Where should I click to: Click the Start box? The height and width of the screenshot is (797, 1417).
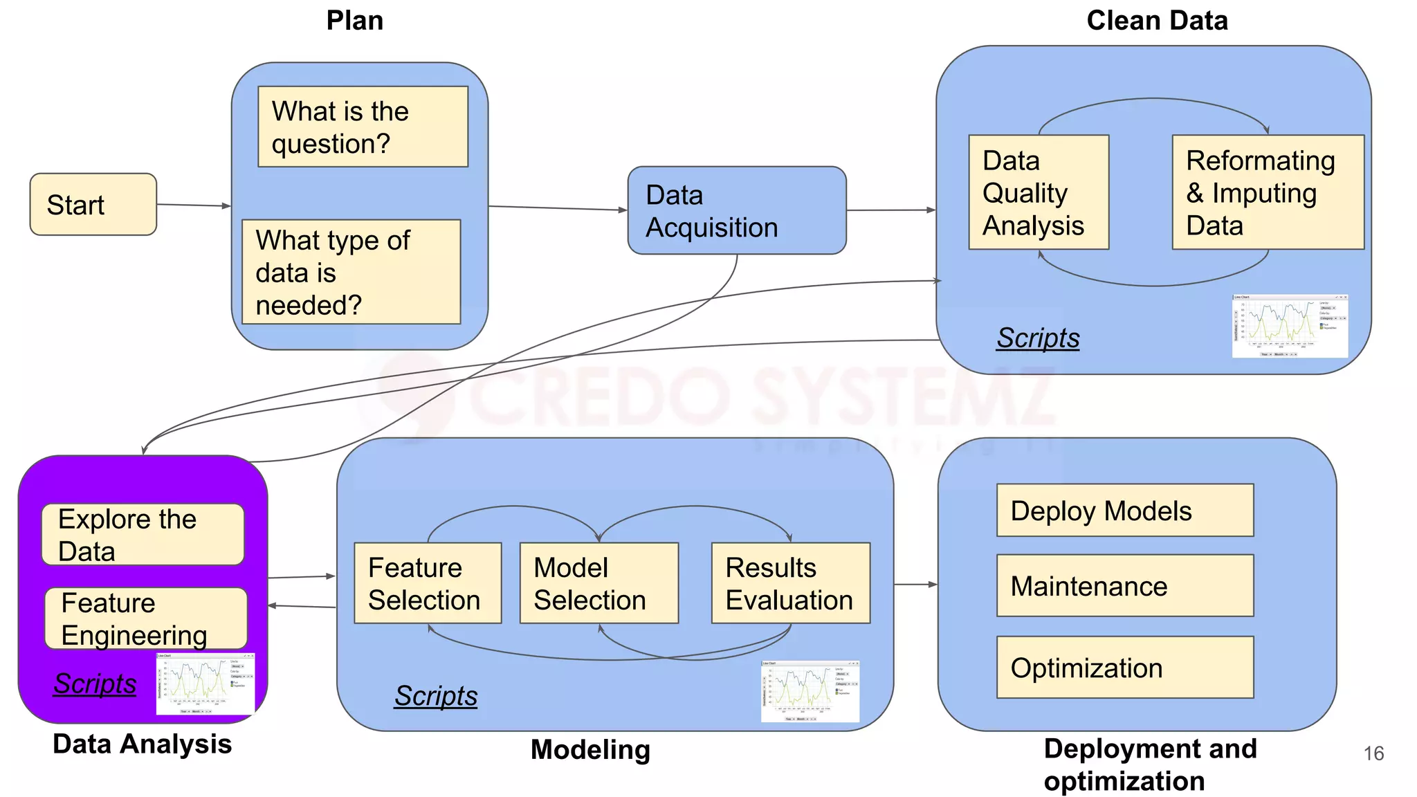[93, 204]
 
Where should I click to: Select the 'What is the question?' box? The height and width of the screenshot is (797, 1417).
[363, 127]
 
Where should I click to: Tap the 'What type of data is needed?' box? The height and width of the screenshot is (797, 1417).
[351, 272]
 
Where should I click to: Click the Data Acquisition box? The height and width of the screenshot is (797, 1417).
[736, 210]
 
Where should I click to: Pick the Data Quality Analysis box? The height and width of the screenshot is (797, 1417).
[1038, 192]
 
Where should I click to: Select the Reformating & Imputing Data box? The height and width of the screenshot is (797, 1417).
[1267, 192]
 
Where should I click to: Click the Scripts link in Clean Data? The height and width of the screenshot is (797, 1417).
[1037, 338]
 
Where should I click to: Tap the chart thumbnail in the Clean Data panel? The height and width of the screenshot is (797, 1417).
[1289, 326]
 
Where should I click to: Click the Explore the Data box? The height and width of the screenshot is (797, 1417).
[143, 535]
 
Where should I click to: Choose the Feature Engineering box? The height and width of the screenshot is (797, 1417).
[146, 619]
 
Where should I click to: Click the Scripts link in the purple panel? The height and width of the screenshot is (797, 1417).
[95, 684]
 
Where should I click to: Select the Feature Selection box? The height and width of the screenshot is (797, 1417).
[427, 583]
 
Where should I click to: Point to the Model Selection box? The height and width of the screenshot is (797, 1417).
[598, 583]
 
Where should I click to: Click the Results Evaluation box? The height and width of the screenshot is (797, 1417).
[790, 583]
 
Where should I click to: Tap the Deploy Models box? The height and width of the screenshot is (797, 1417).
[1124, 511]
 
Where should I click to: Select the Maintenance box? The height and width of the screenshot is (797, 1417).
[1124, 585]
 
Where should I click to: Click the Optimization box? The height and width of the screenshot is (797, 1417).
[1124, 667]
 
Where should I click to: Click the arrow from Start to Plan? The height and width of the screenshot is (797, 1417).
[194, 205]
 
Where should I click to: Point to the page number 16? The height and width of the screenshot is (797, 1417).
[1373, 753]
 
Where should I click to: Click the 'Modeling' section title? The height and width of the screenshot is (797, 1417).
[590, 750]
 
